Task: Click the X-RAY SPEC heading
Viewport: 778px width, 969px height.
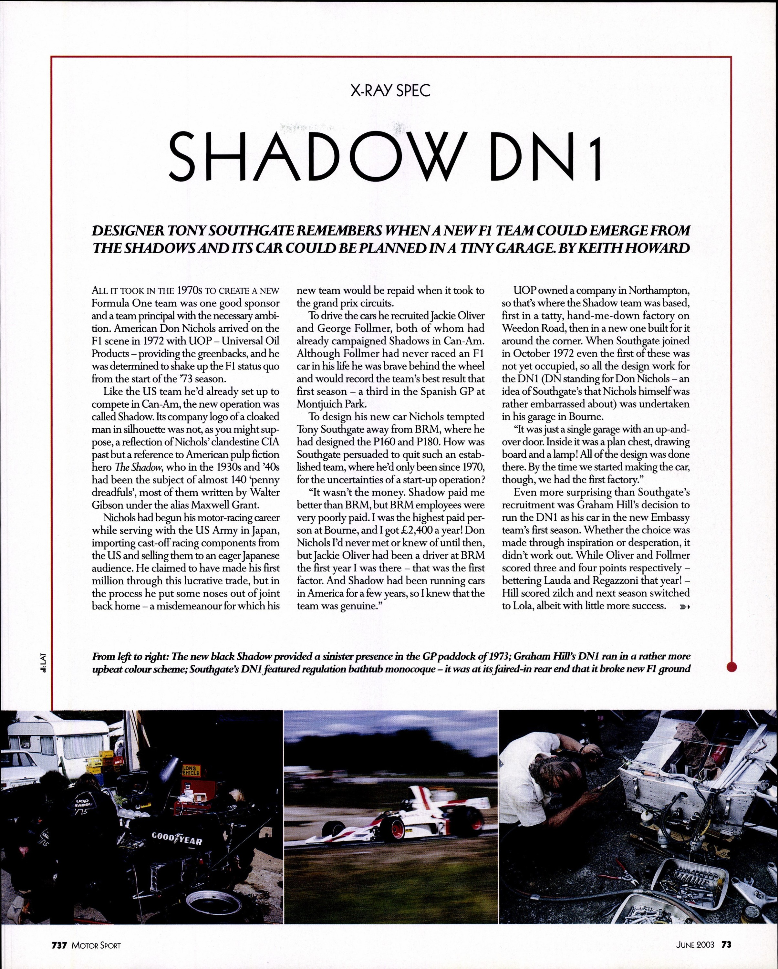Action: pos(390,91)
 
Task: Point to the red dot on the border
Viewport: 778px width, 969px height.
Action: pos(732,667)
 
